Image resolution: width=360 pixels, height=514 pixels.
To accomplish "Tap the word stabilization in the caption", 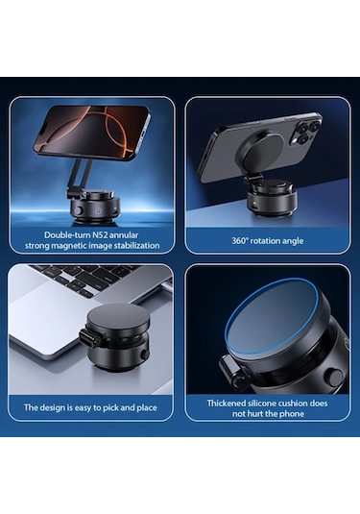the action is pos(136,246).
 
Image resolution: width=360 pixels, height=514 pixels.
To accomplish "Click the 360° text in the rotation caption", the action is pos(240,241).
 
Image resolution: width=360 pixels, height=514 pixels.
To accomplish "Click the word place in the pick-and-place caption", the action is pos(147,408).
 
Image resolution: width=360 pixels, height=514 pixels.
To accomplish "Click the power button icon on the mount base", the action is pos(98,210).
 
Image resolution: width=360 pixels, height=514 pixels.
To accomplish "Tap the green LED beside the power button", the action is pos(115,208).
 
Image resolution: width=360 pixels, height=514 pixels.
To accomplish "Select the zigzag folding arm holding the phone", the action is pos(81,177).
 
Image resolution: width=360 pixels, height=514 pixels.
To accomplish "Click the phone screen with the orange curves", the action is pos(92,134).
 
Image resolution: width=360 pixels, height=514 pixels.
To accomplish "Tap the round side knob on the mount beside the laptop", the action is pos(144,355).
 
